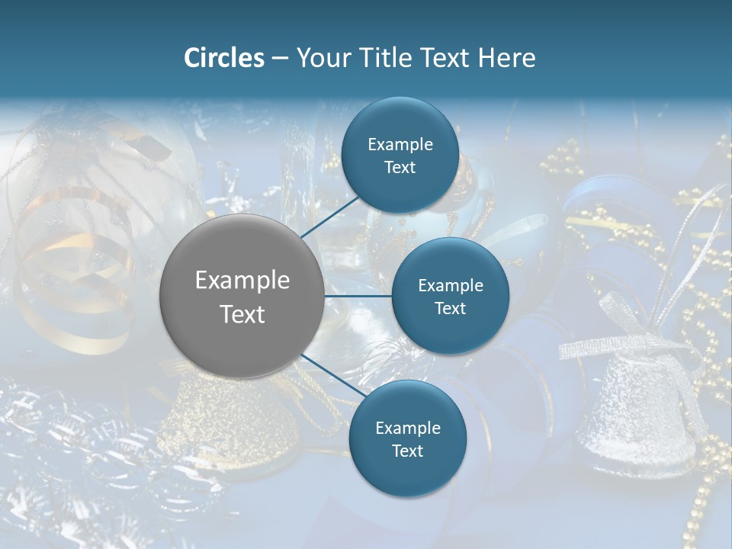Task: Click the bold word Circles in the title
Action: [223, 58]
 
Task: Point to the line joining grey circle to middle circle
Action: [358, 296]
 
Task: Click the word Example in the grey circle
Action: [242, 281]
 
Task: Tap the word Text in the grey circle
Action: [242, 314]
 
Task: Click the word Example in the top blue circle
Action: [400, 144]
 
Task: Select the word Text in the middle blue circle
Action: [450, 308]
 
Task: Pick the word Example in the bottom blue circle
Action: [407, 428]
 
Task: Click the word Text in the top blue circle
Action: [400, 167]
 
